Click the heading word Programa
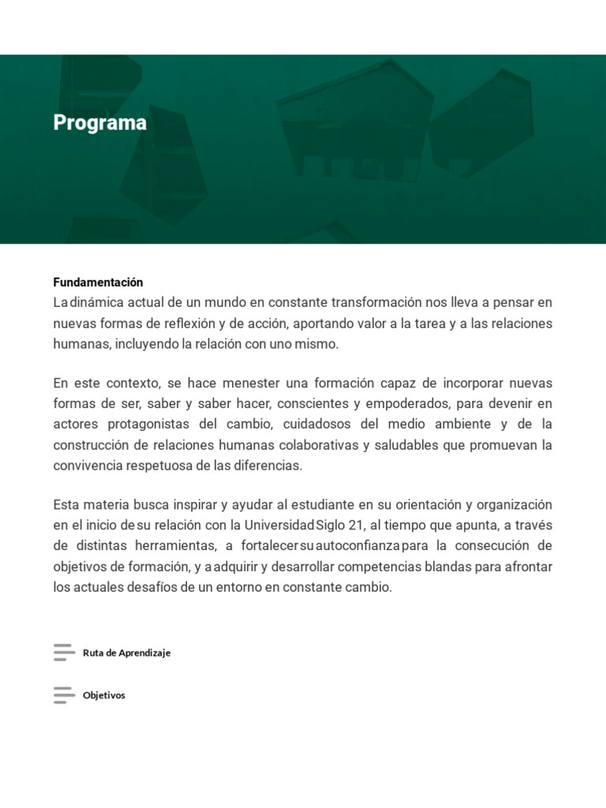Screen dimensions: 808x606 (99, 123)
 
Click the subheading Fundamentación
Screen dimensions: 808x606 (98, 282)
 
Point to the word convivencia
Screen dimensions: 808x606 (86, 466)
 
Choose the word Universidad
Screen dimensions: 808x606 (279, 525)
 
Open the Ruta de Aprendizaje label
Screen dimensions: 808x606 (126, 653)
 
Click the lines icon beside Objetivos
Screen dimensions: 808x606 (64, 695)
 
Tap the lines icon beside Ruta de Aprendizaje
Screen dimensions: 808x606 (64, 653)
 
